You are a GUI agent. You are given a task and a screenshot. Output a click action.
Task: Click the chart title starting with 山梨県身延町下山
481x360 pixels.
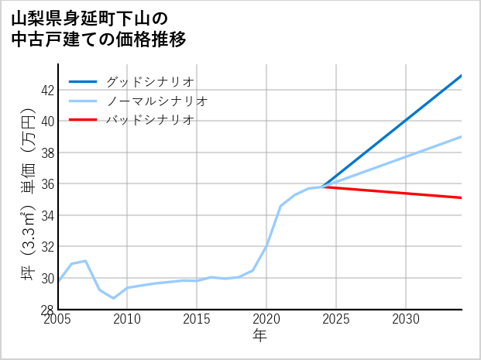coord(99,28)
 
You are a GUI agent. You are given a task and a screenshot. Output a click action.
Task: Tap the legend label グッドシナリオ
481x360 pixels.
coord(149,81)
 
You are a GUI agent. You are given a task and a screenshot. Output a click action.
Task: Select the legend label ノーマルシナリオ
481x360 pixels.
coord(156,101)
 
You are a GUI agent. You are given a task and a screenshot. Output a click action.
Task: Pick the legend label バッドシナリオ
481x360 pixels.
coord(149,120)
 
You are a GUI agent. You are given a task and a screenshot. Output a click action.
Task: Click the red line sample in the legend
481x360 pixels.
coord(83,120)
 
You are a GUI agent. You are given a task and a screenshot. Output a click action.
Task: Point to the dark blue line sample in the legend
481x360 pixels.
coord(83,81)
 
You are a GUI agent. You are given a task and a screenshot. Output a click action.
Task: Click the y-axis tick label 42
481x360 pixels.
coord(47,90)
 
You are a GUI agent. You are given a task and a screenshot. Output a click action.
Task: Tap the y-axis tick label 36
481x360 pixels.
coord(47,184)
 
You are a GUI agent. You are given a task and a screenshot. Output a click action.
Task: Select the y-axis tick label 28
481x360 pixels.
coord(47,310)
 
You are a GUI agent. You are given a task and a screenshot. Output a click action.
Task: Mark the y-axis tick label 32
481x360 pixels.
coord(47,247)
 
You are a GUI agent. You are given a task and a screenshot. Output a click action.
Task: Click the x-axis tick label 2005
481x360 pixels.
coord(58,320)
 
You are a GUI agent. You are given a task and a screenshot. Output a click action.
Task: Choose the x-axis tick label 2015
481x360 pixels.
coord(197,320)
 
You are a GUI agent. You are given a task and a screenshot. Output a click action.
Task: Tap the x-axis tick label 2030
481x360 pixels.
coord(406,320)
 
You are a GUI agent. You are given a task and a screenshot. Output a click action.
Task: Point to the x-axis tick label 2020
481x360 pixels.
coord(266,320)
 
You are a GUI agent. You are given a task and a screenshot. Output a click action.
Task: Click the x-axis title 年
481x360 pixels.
coord(259,336)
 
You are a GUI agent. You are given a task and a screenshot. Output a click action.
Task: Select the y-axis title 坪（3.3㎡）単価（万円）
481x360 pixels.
coord(27,193)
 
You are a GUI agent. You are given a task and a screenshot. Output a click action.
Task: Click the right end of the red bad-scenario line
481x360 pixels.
coord(462,197)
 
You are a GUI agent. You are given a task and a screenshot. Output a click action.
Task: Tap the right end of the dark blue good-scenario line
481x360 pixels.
coord(462,76)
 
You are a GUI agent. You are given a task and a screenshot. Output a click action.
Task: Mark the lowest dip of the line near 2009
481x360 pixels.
coord(113,298)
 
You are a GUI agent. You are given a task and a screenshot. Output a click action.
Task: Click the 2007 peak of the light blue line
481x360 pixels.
coord(85,261)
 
